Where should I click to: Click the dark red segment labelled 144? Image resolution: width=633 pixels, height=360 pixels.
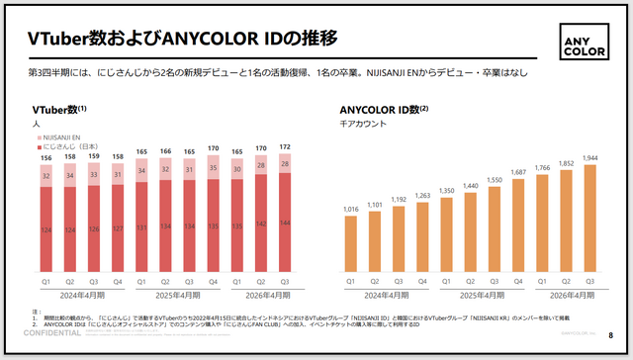coord(287,224)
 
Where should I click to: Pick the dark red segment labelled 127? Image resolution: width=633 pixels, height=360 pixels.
coord(119,230)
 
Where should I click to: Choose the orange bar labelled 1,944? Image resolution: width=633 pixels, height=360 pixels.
coord(590,217)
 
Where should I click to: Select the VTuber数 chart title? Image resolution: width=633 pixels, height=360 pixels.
coord(59,110)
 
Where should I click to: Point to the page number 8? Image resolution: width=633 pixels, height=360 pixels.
coord(610,335)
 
